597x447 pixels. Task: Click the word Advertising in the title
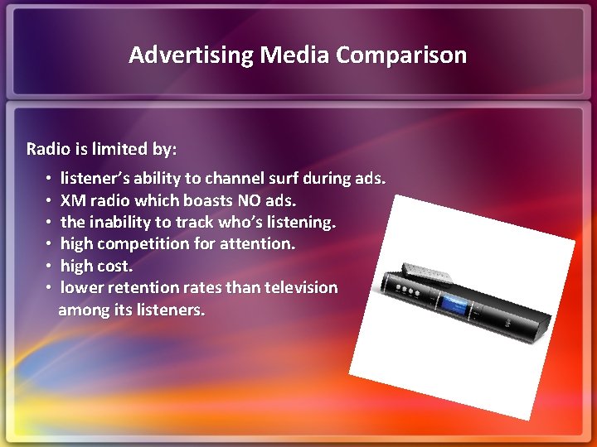pos(192,55)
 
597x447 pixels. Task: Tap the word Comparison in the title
pos(402,55)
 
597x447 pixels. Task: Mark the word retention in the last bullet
pos(135,287)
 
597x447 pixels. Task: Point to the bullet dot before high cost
pos(50,267)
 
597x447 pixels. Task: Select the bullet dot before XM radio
pos(50,201)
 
